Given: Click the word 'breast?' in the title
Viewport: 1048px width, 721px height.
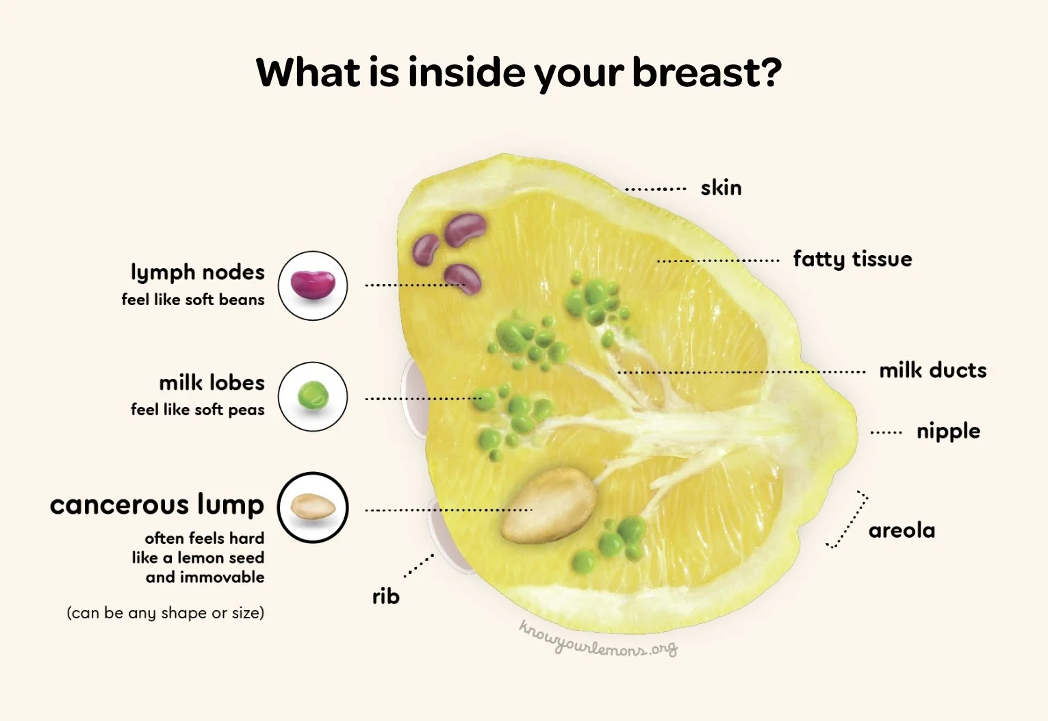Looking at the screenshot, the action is (706, 73).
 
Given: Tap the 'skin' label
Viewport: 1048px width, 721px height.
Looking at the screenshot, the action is (721, 187).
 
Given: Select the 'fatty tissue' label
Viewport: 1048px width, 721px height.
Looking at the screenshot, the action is (852, 259).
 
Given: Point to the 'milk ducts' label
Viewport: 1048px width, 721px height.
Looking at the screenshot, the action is (932, 370).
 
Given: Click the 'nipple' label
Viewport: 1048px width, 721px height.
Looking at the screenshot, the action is (948, 431).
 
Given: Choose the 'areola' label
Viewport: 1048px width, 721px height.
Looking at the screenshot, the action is (902, 530).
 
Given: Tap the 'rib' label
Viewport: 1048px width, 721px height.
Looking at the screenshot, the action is (385, 597).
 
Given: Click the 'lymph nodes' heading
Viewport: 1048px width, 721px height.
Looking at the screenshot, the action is (197, 272).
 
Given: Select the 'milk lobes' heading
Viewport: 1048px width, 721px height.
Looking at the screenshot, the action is (212, 382).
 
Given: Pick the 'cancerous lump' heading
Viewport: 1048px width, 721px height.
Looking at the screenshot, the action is (157, 505).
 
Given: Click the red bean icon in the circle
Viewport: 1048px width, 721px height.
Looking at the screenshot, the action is (313, 285).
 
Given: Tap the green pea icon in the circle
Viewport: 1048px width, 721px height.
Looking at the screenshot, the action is (313, 396).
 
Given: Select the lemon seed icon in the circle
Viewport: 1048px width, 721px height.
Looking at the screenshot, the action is (313, 508).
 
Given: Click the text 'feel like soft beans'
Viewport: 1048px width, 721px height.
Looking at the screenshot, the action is (192, 300).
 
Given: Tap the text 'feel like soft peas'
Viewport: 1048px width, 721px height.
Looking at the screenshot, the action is (197, 410).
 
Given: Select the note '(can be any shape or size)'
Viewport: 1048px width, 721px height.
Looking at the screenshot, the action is (165, 613).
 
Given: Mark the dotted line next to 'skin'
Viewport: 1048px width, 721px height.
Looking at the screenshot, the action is (656, 189).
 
